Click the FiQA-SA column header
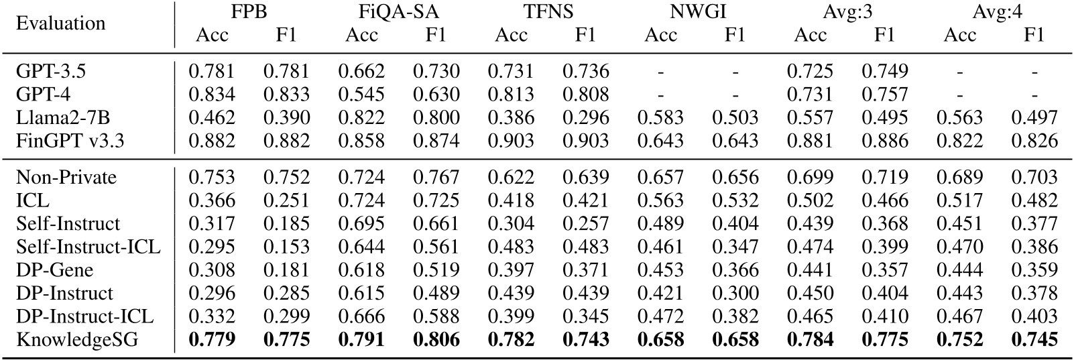click(398, 13)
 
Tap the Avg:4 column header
click(996, 13)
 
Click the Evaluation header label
click(61, 23)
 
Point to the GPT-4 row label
click(42, 95)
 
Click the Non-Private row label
click(66, 178)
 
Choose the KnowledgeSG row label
click(77, 339)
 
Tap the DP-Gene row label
click(55, 270)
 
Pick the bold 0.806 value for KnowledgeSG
click(436, 339)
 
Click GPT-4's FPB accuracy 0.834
click(212, 95)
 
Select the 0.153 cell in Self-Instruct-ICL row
click(287, 247)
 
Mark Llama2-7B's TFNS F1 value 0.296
click(585, 118)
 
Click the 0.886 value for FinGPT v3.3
click(884, 140)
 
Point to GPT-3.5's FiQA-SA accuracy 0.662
click(361, 72)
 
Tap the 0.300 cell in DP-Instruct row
click(735, 293)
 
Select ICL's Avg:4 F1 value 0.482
click(1034, 200)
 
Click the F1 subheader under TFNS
click(585, 35)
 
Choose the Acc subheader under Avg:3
click(810, 35)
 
